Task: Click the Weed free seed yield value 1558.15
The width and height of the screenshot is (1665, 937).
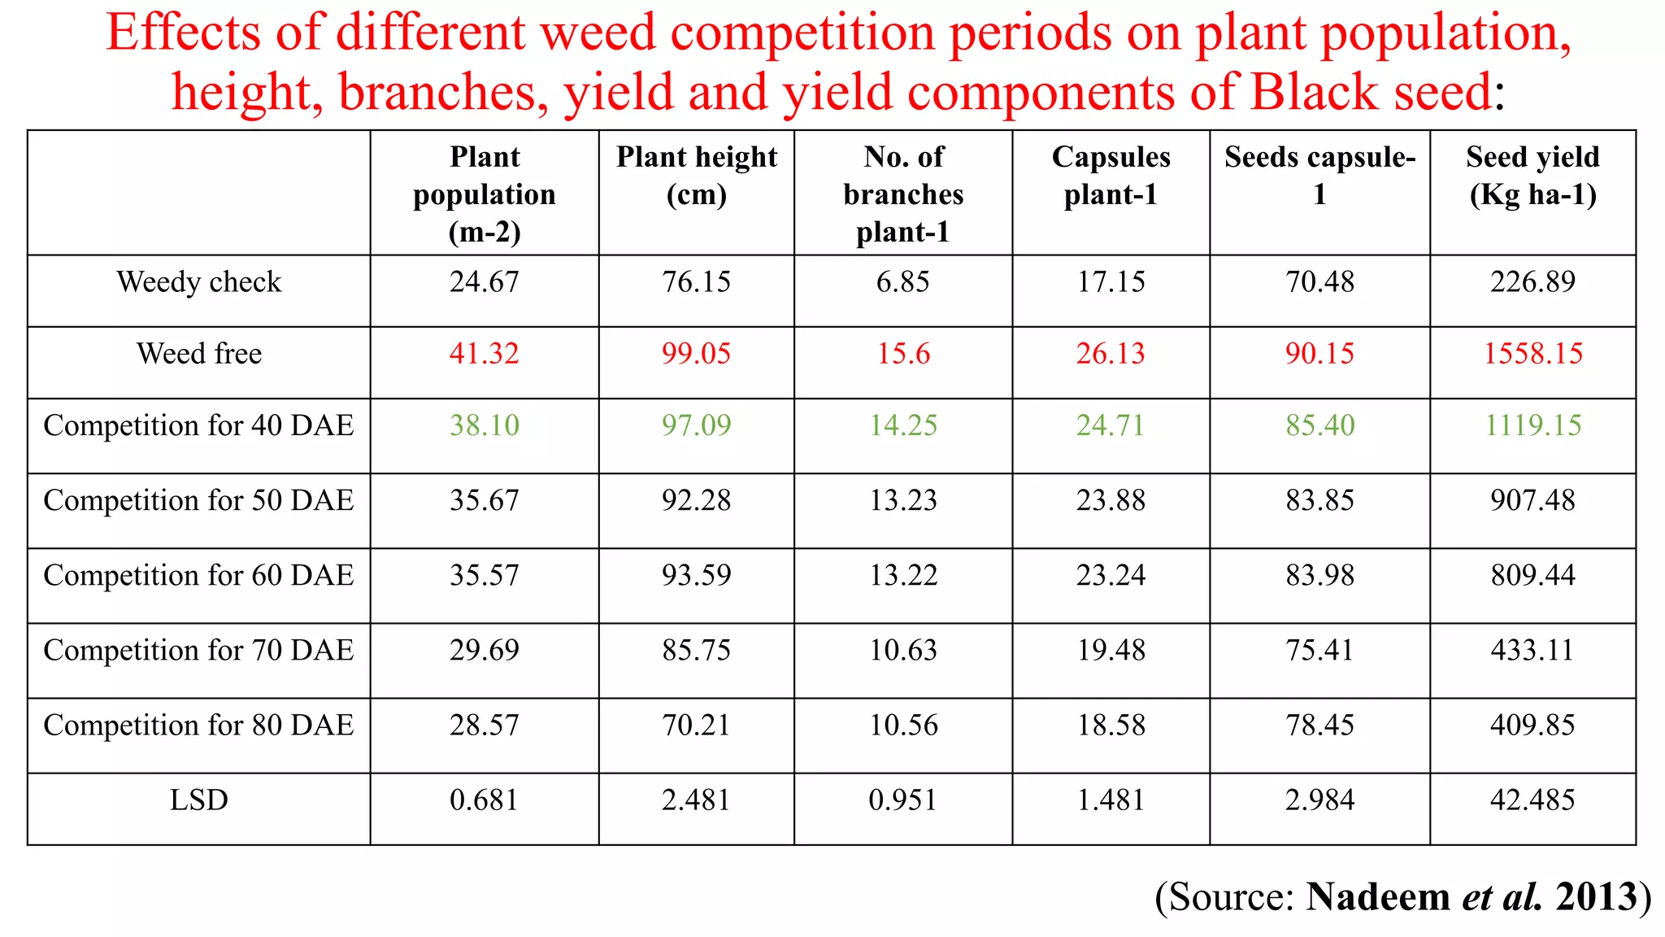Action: (1532, 354)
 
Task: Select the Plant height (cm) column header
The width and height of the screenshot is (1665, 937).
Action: (697, 176)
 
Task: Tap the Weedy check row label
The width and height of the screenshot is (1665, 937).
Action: (199, 282)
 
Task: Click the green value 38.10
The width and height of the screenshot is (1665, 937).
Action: (485, 425)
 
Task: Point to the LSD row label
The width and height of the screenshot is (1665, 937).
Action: (199, 800)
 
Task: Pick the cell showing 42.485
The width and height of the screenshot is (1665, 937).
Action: (1532, 800)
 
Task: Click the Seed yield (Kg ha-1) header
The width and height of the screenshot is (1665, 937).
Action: (1532, 176)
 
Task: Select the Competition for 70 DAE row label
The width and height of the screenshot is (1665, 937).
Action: (199, 651)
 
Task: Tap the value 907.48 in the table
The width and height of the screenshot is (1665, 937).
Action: (1532, 500)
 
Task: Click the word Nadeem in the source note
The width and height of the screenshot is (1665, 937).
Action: (1378, 896)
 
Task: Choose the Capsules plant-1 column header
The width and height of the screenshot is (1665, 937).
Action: (1111, 176)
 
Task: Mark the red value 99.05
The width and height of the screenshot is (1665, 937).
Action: (697, 354)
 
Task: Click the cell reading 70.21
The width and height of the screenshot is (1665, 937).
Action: (697, 726)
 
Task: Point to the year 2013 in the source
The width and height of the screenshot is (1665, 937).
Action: (1596, 896)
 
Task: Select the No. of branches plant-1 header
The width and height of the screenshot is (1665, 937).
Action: (903, 194)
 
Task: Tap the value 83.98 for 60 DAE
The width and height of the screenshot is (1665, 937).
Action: (1319, 576)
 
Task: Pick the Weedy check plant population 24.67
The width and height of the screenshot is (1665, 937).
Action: (485, 282)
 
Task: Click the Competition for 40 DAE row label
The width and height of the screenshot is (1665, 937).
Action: (199, 425)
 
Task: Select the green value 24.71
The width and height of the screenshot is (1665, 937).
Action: (1111, 425)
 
